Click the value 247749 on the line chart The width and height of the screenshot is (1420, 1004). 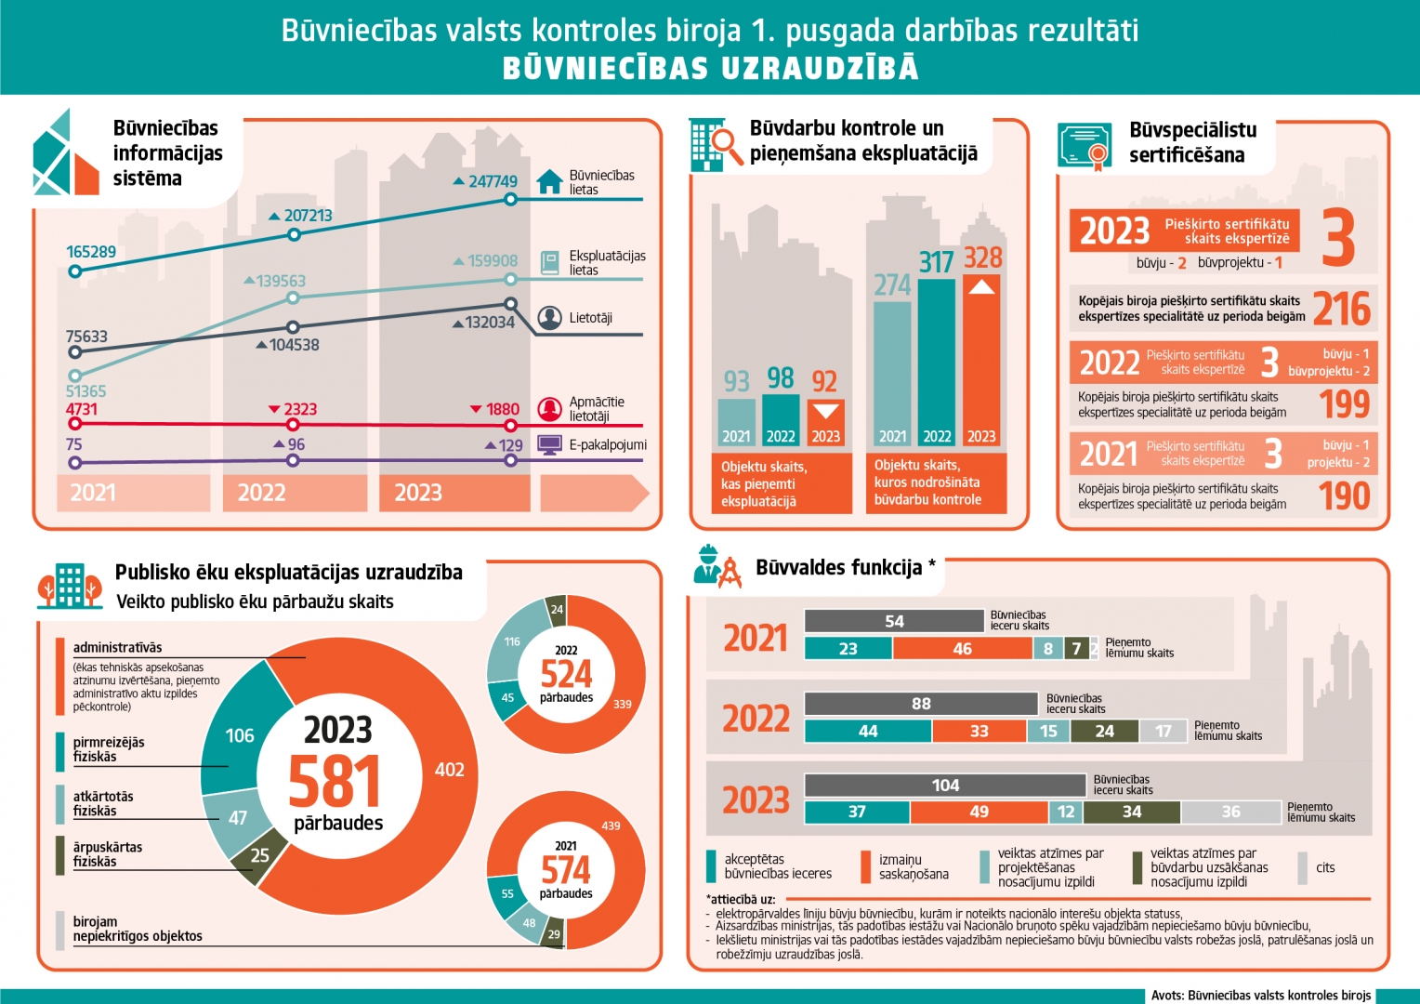493,181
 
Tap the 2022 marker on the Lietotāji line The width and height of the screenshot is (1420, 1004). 294,327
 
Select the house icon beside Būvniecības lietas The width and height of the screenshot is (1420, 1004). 550,181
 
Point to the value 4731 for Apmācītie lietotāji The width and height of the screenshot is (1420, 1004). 82,409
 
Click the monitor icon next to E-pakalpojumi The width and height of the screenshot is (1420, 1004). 550,445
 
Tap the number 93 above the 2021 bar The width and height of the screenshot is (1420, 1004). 736,381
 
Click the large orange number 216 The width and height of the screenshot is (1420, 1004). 1341,309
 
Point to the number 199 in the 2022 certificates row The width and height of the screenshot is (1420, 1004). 1345,403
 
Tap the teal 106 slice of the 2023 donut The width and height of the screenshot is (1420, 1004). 240,735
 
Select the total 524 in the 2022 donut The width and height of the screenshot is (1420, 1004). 566,674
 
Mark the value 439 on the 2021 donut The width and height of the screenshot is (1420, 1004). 611,826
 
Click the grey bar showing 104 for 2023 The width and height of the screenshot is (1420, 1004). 945,786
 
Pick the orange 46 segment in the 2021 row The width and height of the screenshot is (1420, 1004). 962,649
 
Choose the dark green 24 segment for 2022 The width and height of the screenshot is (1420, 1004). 1104,732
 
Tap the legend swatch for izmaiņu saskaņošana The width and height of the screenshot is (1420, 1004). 865,866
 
